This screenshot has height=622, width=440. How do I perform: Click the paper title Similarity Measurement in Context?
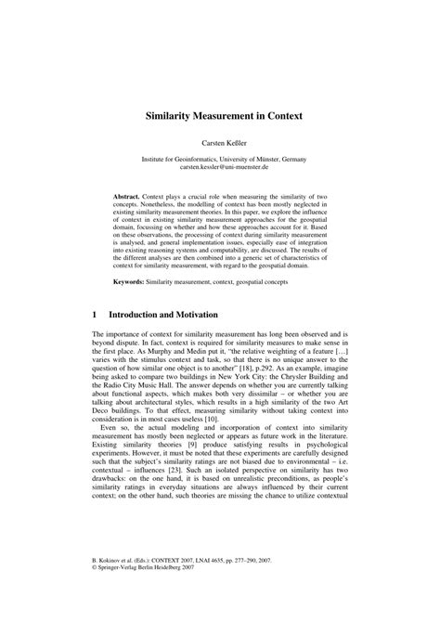[219, 120]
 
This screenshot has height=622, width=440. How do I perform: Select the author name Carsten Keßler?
[219, 145]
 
